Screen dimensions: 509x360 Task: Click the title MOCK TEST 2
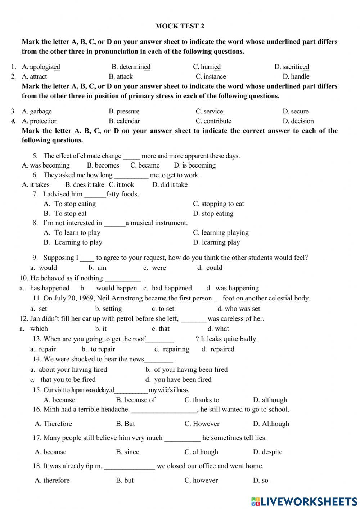[180, 26]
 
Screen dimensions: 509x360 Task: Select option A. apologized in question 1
[41, 67]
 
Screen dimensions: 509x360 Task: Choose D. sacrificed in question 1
[292, 67]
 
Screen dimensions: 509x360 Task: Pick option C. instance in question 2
[211, 76]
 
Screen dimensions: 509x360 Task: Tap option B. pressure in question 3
[124, 111]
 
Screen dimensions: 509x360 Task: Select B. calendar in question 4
[124, 121]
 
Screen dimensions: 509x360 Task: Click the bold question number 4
[13, 121]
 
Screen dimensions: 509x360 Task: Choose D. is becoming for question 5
[195, 165]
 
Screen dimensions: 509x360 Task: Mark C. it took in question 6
[121, 185]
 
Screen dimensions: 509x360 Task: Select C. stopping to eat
[219, 204]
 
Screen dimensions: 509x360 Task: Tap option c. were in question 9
[155, 268]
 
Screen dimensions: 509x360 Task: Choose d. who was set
[239, 309]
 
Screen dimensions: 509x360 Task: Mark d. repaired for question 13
[218, 349]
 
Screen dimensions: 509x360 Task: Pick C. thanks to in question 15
[202, 400]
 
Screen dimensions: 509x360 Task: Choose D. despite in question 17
[267, 452]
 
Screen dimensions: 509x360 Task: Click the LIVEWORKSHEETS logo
[304, 501]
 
